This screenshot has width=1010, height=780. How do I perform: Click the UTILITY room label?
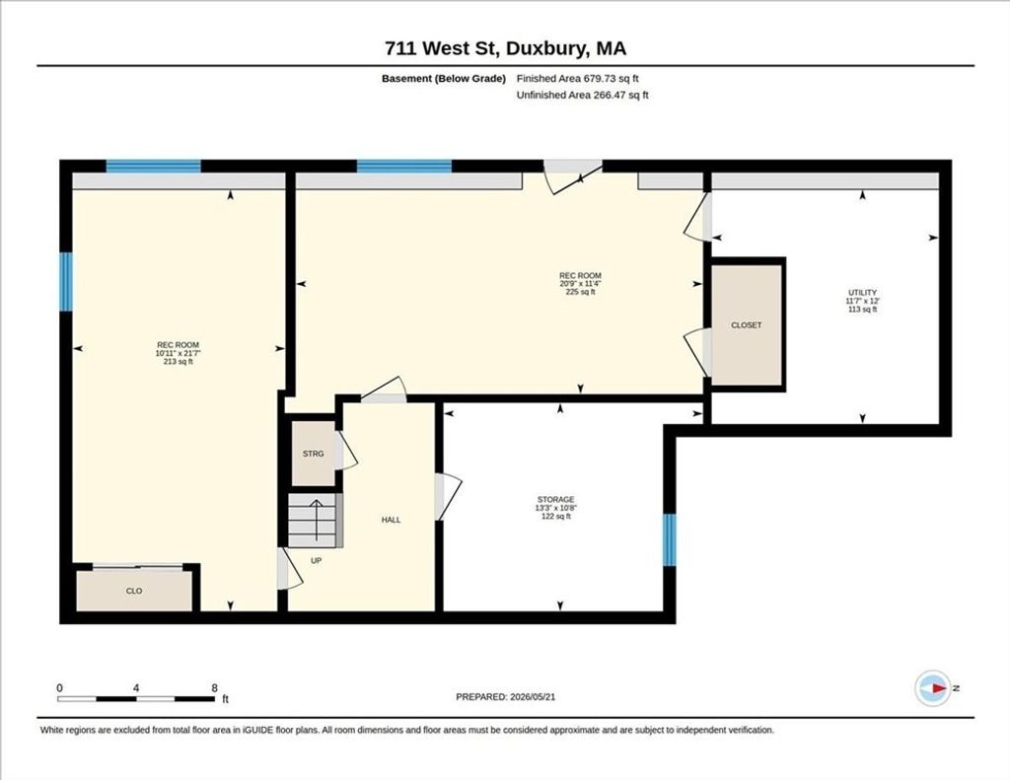click(x=862, y=293)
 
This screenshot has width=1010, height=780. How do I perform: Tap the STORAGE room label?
click(x=556, y=499)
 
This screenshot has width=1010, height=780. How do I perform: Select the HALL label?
click(x=391, y=520)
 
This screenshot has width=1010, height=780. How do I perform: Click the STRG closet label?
click(x=313, y=454)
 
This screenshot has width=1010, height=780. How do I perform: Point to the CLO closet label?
click(x=134, y=591)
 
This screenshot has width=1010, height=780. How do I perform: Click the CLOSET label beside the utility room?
click(x=746, y=325)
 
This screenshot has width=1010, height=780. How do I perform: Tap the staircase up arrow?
click(x=317, y=520)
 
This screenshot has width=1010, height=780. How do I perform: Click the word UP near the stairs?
click(x=317, y=560)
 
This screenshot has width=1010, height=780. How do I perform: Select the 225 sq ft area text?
click(x=580, y=292)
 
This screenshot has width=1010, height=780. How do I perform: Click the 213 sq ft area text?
click(x=179, y=361)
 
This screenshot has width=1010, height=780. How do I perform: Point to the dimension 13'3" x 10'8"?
click(x=556, y=508)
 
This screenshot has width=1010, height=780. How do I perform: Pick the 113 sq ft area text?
click(x=862, y=310)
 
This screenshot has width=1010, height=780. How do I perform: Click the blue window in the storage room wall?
click(x=670, y=539)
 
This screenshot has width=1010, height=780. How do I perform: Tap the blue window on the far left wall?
click(x=66, y=281)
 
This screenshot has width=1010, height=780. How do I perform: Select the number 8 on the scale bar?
click(x=214, y=688)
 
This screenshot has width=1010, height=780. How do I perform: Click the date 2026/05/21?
click(x=533, y=697)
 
